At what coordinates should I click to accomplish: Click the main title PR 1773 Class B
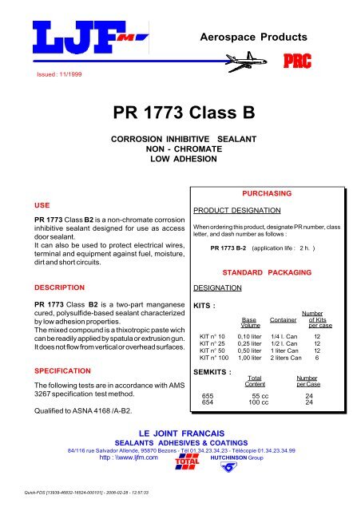tap(180, 112)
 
